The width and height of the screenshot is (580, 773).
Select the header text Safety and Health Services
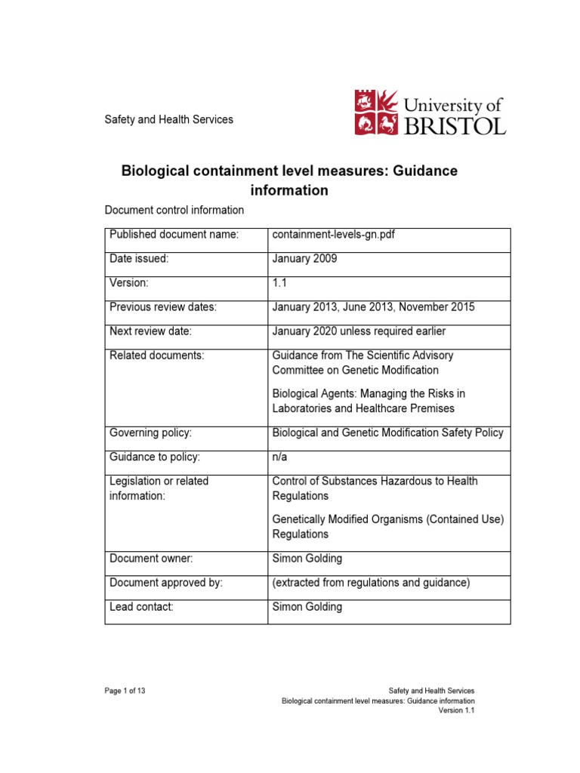click(x=168, y=119)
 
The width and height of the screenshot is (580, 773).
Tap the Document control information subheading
click(x=174, y=210)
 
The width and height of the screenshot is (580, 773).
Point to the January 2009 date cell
click(x=304, y=258)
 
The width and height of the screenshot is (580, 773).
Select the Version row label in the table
click(x=130, y=282)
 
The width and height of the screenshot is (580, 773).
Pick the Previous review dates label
click(x=163, y=306)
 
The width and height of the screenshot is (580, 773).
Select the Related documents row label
click(x=157, y=355)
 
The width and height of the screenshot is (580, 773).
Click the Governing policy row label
click(x=151, y=433)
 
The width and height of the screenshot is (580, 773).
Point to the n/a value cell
click(x=279, y=457)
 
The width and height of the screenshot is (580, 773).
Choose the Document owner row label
click(x=151, y=559)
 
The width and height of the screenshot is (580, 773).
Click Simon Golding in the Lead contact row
click(x=307, y=607)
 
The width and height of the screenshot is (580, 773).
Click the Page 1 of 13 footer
click(x=126, y=690)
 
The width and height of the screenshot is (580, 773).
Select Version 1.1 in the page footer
click(x=457, y=710)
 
